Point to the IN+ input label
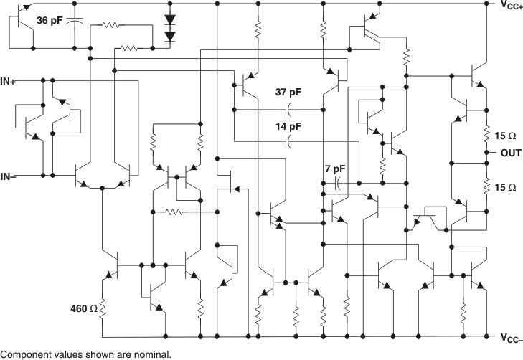[x=10, y=80]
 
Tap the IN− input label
[x=10, y=176]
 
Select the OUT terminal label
[x=511, y=153]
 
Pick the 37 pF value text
[x=288, y=93]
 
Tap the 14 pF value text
[x=288, y=125]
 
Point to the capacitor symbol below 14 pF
[x=288, y=141]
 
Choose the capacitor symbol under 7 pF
[x=334, y=184]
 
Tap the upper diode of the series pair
[x=170, y=20]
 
